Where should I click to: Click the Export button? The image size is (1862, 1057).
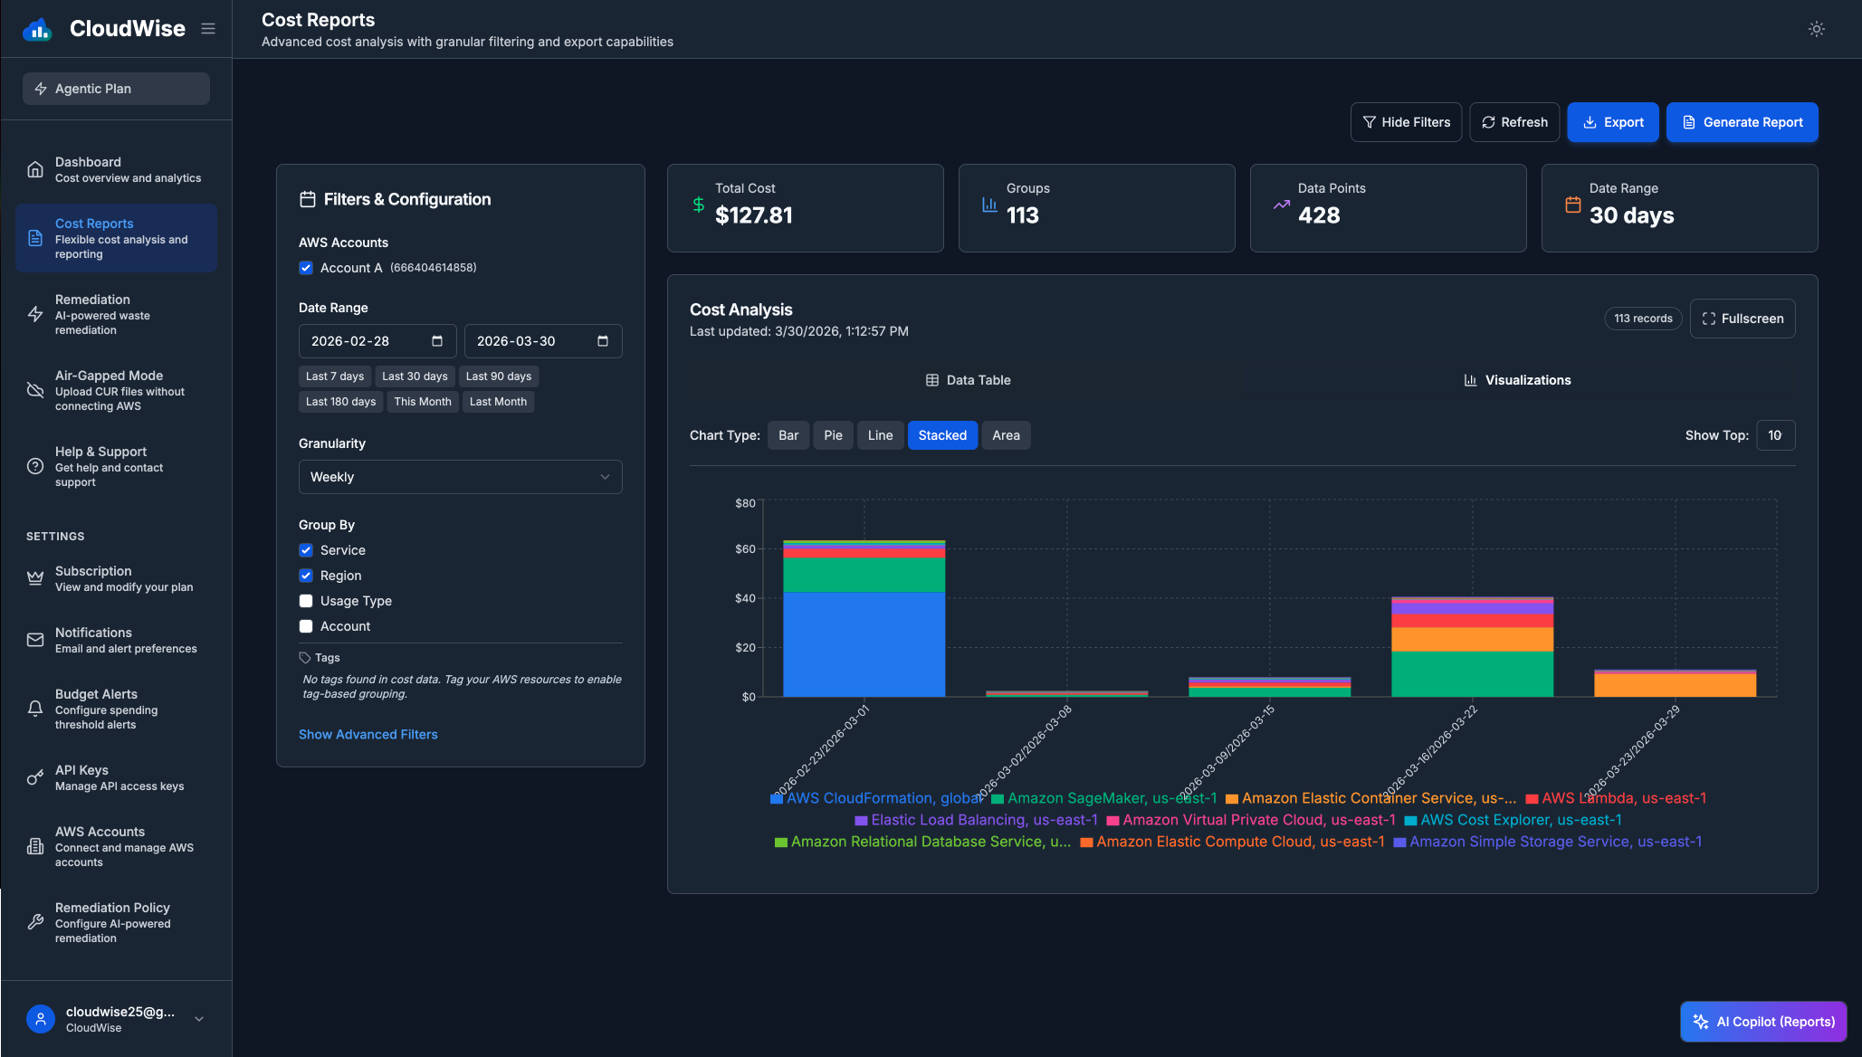1612,122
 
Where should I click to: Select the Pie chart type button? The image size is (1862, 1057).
833,435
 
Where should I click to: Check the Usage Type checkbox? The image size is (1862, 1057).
306,601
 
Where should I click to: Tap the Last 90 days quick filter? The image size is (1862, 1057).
498,376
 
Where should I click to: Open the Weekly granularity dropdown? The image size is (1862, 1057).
460,477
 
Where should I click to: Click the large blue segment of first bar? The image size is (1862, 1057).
864,643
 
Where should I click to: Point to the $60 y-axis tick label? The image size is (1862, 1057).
745,549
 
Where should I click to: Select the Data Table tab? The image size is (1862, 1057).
968,380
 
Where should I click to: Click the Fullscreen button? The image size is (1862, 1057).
1742,319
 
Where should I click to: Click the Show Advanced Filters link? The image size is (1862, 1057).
368,735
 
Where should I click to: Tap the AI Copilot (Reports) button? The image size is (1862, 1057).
1762,1022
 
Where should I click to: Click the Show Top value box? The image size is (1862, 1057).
1774,435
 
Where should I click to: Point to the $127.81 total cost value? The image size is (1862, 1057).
753,215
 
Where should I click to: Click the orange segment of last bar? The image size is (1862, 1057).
1675,685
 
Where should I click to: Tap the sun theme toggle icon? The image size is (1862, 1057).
1816,29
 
